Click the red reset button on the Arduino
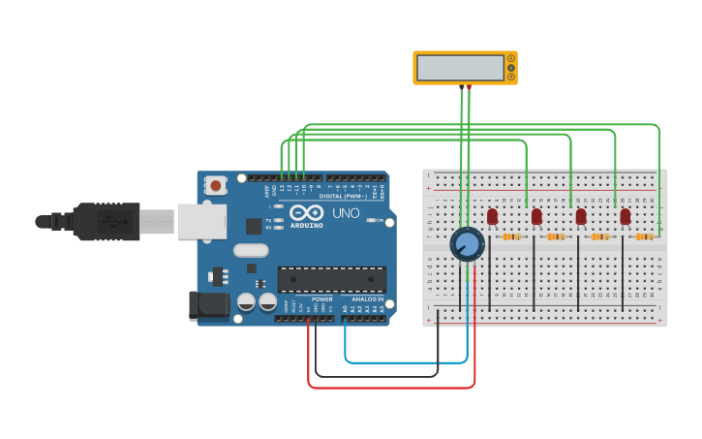216,183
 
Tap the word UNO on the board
346,213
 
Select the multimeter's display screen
460,68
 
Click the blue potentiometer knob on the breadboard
467,243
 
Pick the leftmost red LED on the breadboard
492,216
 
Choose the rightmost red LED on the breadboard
626,216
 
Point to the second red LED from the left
536,216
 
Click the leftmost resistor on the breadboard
511,236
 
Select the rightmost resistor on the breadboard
644,236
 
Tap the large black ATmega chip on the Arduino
331,279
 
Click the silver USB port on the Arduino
201,221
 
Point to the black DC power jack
208,305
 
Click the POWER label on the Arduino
321,299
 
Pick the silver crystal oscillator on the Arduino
251,250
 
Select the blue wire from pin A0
407,361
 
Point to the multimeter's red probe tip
470,88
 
